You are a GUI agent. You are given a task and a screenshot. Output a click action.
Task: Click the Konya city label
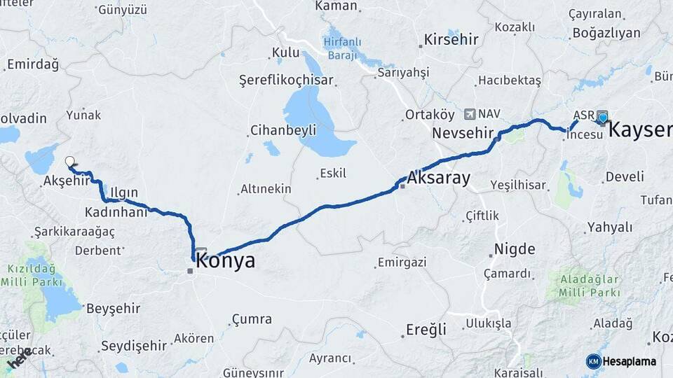click(226, 261)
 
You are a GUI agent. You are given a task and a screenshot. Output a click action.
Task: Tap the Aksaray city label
click(439, 178)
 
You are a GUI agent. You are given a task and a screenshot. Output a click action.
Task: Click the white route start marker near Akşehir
click(69, 162)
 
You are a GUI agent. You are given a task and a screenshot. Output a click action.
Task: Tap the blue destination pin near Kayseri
click(602, 118)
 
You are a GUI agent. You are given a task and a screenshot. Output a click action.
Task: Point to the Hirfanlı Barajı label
click(343, 48)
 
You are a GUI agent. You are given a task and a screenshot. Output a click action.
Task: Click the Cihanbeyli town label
click(283, 130)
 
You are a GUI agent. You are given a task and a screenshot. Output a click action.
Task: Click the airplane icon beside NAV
click(469, 113)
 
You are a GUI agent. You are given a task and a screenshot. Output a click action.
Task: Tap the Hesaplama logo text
click(630, 361)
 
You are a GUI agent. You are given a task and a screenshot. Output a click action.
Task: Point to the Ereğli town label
click(426, 330)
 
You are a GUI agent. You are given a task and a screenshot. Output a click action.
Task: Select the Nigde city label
click(515, 249)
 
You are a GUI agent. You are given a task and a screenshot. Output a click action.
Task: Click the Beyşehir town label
click(114, 308)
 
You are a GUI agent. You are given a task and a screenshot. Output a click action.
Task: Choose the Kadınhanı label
click(116, 211)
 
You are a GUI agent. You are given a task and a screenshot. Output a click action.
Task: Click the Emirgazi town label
click(402, 262)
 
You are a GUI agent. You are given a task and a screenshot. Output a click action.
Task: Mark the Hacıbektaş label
click(510, 80)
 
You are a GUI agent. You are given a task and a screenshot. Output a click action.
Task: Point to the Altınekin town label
click(266, 189)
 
